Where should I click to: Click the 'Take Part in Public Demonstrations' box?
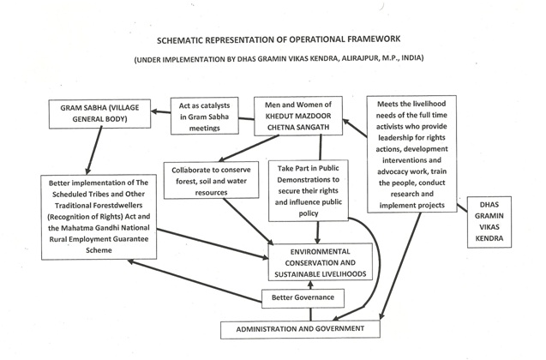317,187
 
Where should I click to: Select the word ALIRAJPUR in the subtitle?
373,59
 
